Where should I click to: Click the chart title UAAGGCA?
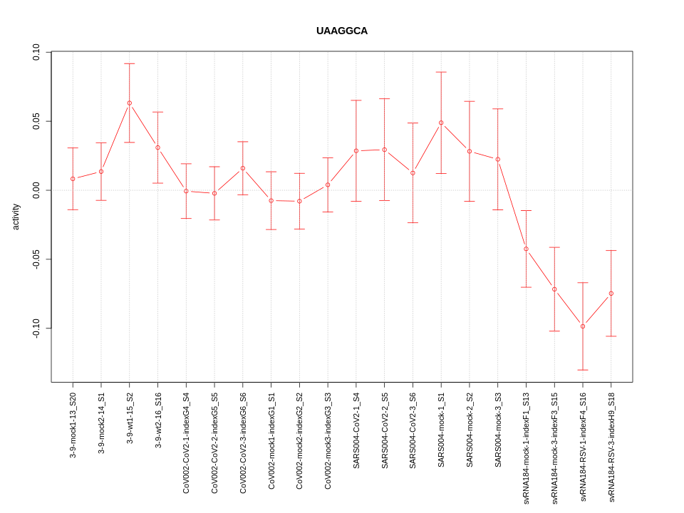(x=342, y=31)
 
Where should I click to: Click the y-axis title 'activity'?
(x=16, y=217)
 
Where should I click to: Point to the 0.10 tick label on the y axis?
(x=36, y=52)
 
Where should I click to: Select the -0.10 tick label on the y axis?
(x=36, y=328)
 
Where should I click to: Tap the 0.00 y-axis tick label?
(x=36, y=190)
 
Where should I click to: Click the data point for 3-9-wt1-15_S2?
(x=130, y=103)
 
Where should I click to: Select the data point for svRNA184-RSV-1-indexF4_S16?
(x=583, y=326)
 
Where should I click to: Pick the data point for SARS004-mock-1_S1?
(x=441, y=123)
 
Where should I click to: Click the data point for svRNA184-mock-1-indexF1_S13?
(x=526, y=249)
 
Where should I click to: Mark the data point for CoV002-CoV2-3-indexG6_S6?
(x=243, y=168)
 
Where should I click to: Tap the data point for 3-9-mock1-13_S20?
(x=73, y=179)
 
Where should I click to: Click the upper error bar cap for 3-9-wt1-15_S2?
(x=130, y=63)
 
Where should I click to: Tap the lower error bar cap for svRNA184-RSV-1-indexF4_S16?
(x=583, y=370)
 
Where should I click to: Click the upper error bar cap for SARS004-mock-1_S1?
(x=441, y=72)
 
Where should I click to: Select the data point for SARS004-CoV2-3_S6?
(x=413, y=173)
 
